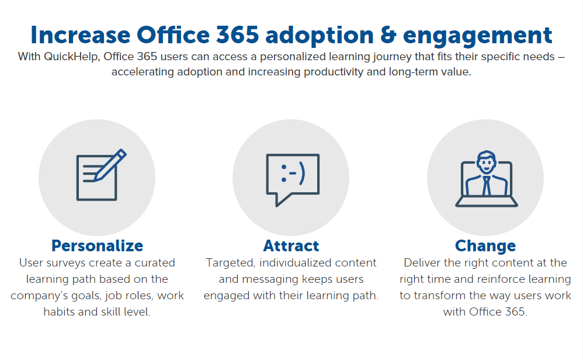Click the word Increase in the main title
[80, 35]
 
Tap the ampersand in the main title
[388, 35]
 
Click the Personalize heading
[97, 246]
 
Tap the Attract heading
[291, 246]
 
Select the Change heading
[485, 246]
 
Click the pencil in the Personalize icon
[110, 165]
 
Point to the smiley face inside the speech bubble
[293, 174]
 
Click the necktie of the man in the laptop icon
[486, 186]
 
